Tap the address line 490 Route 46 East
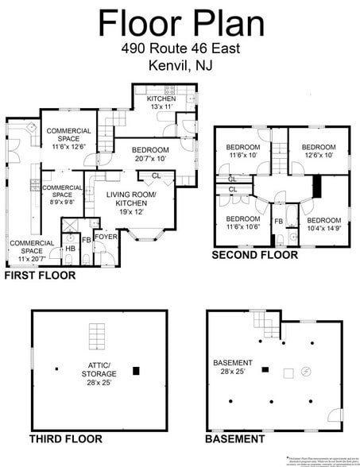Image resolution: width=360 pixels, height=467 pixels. point(180,49)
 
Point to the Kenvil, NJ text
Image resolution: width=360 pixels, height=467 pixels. point(180,64)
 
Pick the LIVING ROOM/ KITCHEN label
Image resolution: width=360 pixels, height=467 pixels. point(131,203)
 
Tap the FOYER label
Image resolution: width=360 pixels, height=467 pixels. point(105,237)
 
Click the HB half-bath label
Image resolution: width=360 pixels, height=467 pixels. point(70,249)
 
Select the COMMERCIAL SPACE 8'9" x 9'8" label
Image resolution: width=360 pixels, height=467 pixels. point(62,195)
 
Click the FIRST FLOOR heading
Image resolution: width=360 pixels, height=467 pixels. point(40,276)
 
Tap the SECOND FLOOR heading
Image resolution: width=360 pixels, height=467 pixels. point(254,256)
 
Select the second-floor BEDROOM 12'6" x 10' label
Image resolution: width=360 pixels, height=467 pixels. point(318,152)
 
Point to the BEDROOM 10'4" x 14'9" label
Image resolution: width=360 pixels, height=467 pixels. point(324,225)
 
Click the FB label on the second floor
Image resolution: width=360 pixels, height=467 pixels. point(279,222)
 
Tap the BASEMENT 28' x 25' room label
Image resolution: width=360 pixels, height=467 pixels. point(233,368)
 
